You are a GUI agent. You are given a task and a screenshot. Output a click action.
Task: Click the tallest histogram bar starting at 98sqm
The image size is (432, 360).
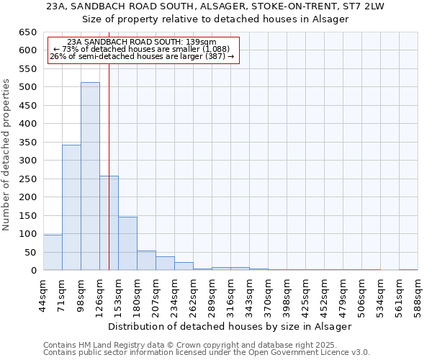90,176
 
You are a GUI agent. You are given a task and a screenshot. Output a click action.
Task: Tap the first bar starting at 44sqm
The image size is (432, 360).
53,252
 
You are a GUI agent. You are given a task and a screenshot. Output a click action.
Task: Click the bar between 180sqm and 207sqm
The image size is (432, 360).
146,261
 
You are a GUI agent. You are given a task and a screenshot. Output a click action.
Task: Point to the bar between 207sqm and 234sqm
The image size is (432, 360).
165,264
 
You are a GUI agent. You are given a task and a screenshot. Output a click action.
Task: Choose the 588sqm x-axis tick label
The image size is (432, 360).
422,295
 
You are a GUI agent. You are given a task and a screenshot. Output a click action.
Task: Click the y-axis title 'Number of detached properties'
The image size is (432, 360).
7,156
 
